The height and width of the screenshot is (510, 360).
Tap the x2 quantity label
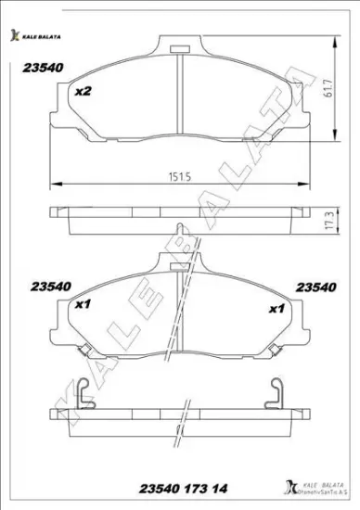(x=83, y=91)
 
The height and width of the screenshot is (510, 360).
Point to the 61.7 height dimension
(x=329, y=90)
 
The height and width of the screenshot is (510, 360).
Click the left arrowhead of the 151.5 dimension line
(x=50, y=182)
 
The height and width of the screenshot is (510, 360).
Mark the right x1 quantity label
(x=276, y=309)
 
